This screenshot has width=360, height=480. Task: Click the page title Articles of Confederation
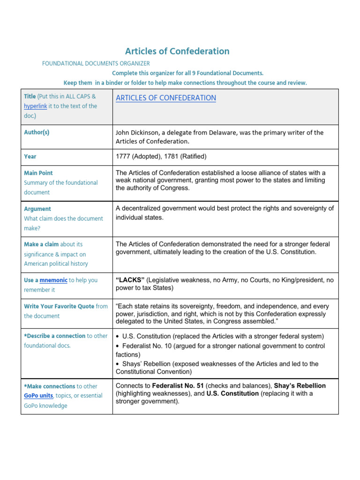tap(177, 51)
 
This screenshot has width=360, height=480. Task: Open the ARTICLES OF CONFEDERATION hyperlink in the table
tap(165, 98)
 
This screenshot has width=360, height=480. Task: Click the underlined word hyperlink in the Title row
tap(35, 106)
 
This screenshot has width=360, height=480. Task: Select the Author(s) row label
tap(37, 132)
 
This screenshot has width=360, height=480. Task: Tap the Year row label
tap(30, 156)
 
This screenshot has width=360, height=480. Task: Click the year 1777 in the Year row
tap(123, 156)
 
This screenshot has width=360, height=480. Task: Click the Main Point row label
tap(38, 173)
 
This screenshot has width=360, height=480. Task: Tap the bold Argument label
tap(37, 209)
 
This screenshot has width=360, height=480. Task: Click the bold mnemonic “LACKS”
tap(130, 280)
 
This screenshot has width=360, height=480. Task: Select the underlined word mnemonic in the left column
tap(53, 280)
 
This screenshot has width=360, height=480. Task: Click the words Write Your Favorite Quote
tap(59, 306)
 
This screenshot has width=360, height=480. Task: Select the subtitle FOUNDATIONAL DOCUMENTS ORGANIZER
tap(96, 63)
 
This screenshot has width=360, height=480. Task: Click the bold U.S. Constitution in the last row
tap(232, 394)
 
